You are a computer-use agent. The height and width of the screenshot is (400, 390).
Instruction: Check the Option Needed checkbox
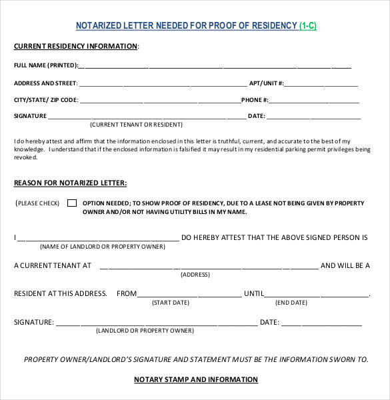pos(72,203)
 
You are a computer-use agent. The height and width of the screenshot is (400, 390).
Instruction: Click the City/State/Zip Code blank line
pos(160,101)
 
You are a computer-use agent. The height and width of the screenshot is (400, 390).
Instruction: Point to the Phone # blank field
pos(314,101)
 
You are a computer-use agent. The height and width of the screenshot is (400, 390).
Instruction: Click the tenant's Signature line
pos(146,117)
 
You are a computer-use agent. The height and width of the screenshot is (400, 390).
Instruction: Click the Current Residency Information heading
pos(76,46)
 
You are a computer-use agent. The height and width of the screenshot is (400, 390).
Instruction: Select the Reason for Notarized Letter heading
pos(70,183)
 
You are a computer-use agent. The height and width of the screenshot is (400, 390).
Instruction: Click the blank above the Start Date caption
pos(190,295)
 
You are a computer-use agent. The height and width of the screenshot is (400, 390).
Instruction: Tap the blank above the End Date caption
pos(317,295)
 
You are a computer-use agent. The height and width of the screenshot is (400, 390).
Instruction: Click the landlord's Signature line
pos(156,323)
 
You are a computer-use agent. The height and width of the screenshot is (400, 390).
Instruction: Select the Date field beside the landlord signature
pos(322,323)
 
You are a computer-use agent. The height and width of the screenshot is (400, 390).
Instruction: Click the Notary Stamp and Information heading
pos(196,379)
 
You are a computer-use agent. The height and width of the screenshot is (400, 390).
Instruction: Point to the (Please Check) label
pos(38,203)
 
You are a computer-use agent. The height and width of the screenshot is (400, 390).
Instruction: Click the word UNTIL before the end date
pos(254,293)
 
